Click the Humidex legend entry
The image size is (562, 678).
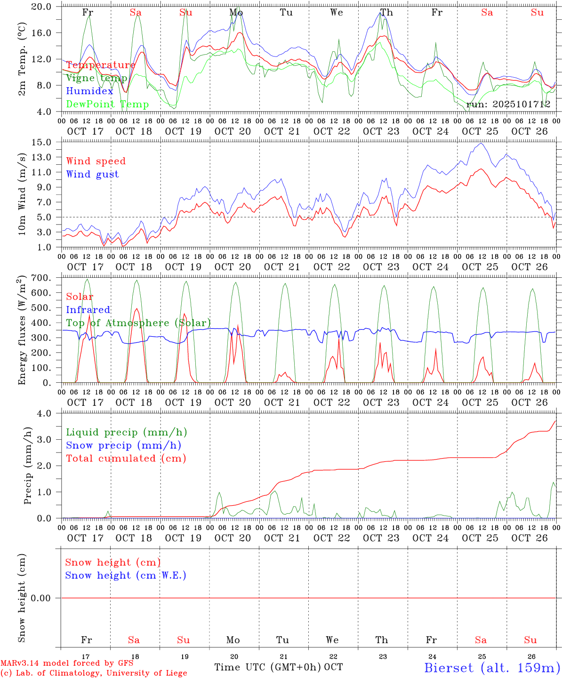(x=89, y=91)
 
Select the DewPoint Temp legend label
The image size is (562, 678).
(x=107, y=105)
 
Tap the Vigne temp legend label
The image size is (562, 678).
(x=96, y=78)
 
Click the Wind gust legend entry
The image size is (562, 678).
(x=92, y=174)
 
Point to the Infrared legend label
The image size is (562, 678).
(x=88, y=310)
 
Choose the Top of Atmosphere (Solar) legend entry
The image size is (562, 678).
(x=138, y=323)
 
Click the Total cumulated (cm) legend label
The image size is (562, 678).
(x=126, y=458)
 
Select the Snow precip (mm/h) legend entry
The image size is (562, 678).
(x=123, y=445)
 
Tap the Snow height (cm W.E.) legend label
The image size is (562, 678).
(x=126, y=575)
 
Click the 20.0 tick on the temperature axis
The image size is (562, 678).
(x=48, y=7)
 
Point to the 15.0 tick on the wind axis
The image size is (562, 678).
(x=48, y=142)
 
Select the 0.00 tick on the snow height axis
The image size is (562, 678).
(x=44, y=598)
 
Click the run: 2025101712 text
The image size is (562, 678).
(x=508, y=105)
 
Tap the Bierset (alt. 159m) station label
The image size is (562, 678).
(x=492, y=667)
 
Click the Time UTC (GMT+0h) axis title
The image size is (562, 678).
(x=268, y=667)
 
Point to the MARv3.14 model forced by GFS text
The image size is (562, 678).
(x=66, y=663)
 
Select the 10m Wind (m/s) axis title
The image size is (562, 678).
(x=22, y=194)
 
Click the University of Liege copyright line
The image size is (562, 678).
(x=94, y=673)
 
